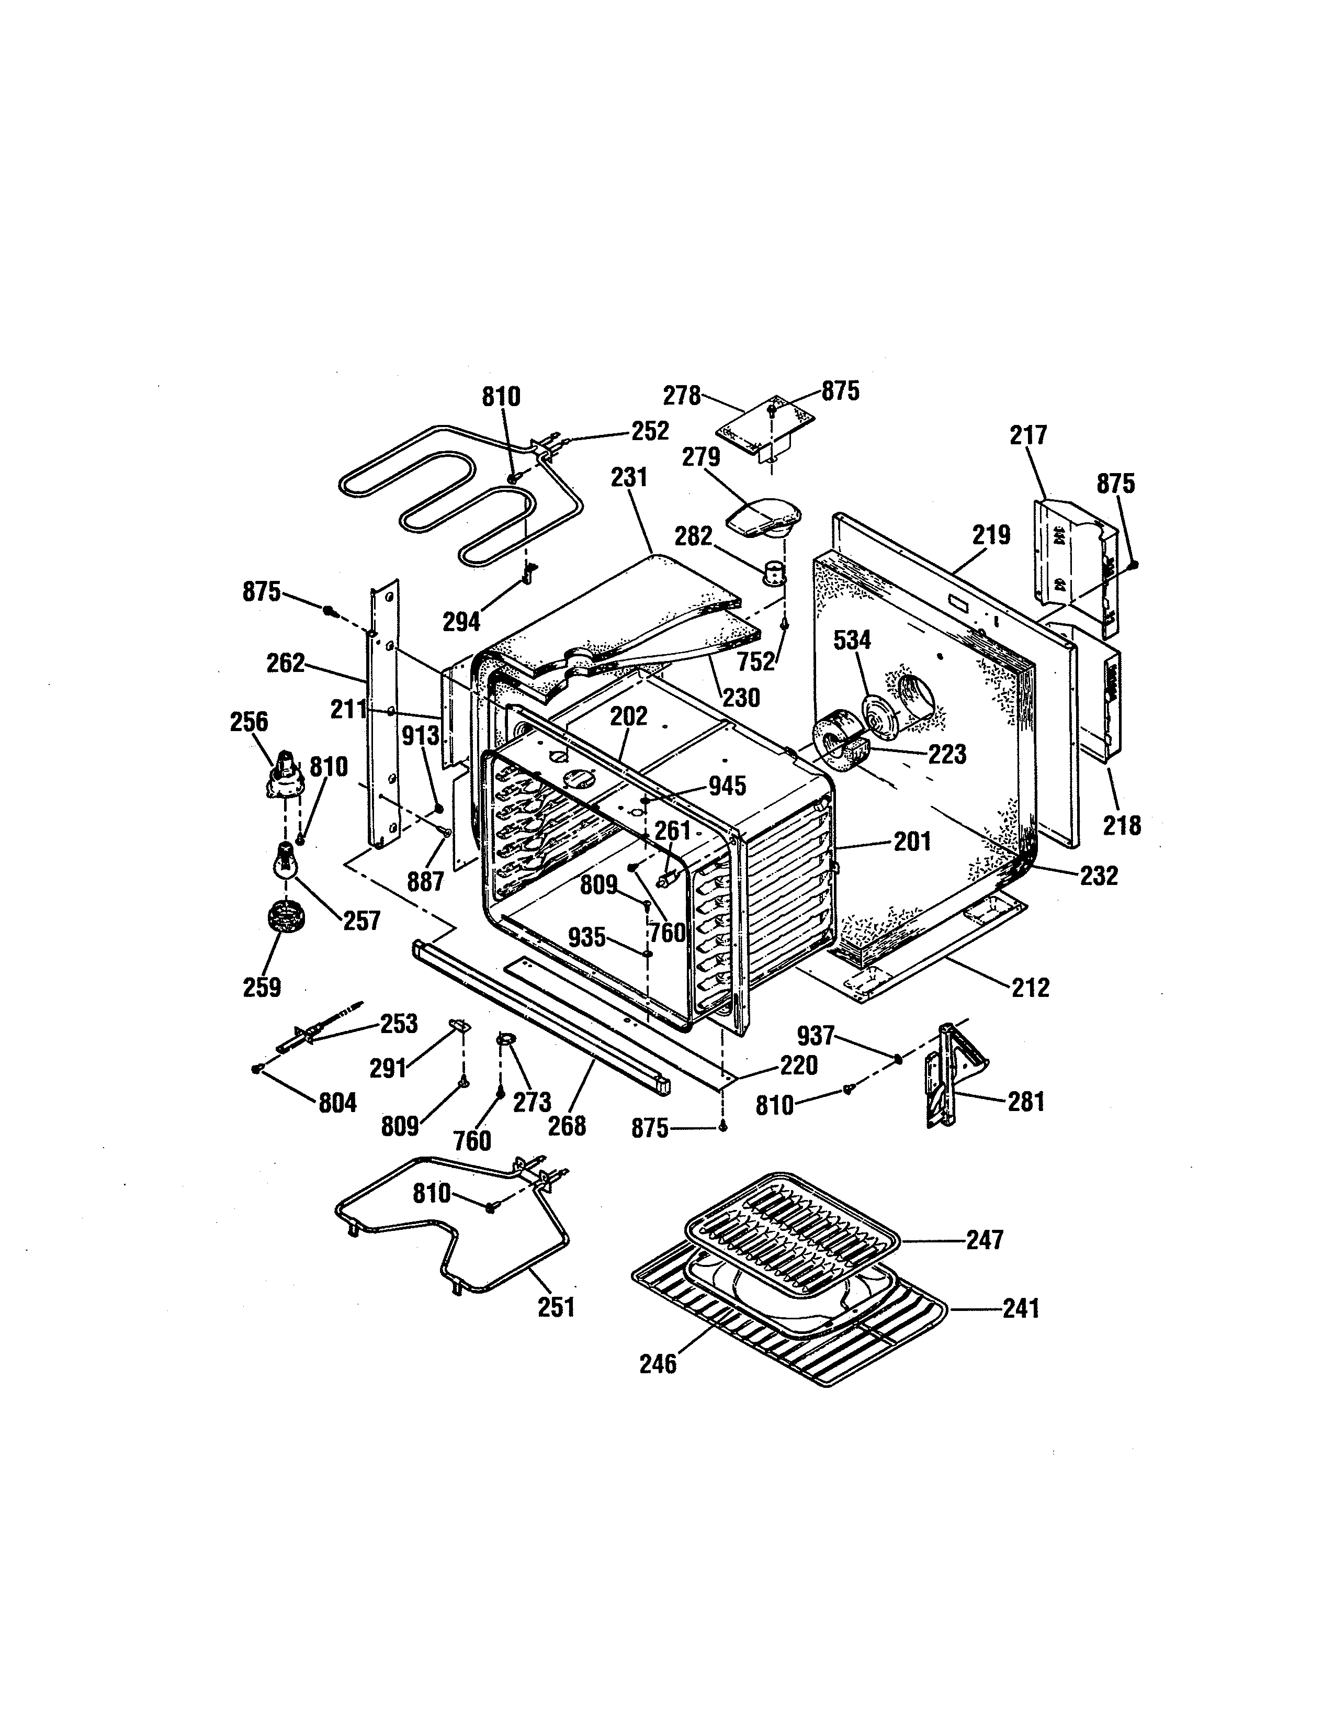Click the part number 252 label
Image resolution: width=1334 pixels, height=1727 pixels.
650,431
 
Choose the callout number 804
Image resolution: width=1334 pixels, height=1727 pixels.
337,1102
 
